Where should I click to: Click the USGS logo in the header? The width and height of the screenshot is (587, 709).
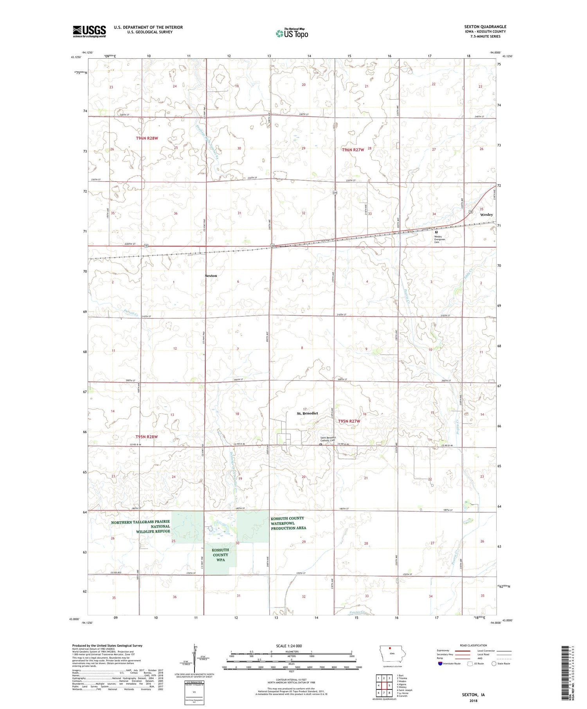tap(89, 31)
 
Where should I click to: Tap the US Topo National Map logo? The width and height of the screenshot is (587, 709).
tap(292, 33)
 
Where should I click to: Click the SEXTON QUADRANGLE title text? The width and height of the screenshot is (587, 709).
tap(485, 27)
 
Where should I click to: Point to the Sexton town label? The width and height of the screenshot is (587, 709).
tap(211, 276)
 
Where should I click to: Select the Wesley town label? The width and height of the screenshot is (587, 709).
tap(486, 215)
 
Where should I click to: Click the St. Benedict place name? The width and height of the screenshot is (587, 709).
tap(307, 413)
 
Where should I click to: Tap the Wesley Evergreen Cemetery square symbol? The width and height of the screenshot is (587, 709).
tap(436, 232)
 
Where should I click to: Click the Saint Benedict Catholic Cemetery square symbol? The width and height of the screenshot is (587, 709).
tap(321, 444)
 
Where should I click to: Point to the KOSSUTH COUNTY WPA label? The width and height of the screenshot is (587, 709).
tap(220, 555)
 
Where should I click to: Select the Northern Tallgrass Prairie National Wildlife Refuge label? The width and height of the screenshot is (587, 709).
tap(140, 526)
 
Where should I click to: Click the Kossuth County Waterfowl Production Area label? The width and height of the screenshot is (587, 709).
tap(288, 523)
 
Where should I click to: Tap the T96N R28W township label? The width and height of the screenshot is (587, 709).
tap(147, 138)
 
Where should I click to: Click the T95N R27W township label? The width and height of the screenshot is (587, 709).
tap(349, 421)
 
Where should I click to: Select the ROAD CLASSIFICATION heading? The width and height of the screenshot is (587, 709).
tap(474, 645)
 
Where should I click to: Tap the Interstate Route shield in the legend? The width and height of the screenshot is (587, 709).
tap(440, 664)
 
